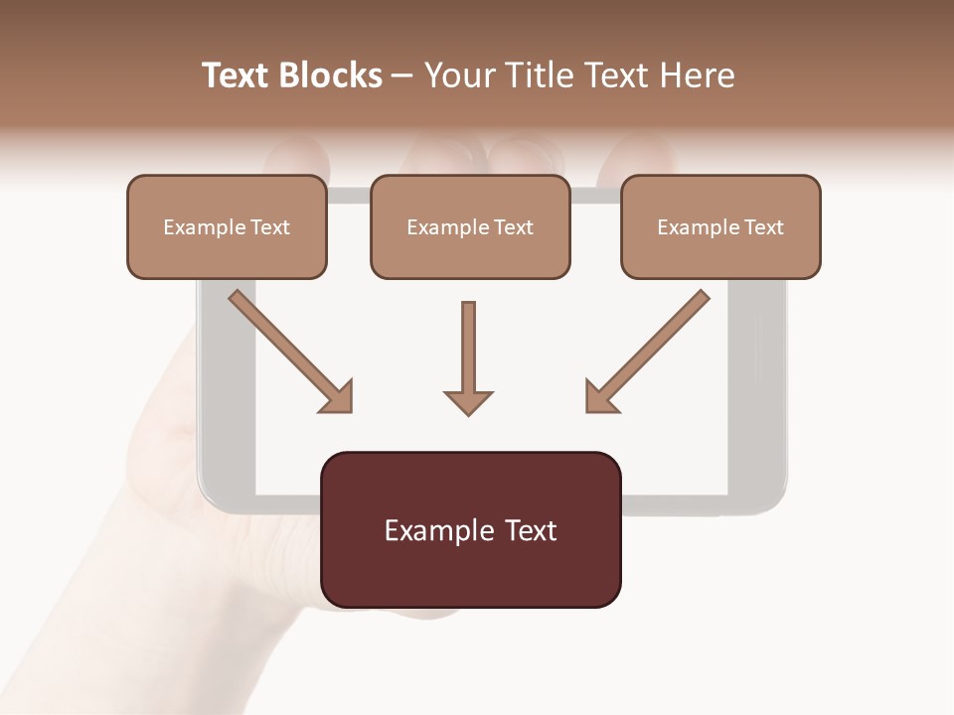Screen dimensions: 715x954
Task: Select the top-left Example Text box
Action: (227, 226)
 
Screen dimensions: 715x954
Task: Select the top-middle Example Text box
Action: (470, 226)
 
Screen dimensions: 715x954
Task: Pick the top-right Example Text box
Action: (720, 226)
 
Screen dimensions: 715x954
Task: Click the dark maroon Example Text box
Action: (471, 529)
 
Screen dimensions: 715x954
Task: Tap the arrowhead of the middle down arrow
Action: (468, 401)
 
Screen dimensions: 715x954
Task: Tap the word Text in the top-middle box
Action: (513, 227)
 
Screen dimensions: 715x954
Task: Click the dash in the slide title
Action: (403, 76)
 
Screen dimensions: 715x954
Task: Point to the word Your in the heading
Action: (457, 75)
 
